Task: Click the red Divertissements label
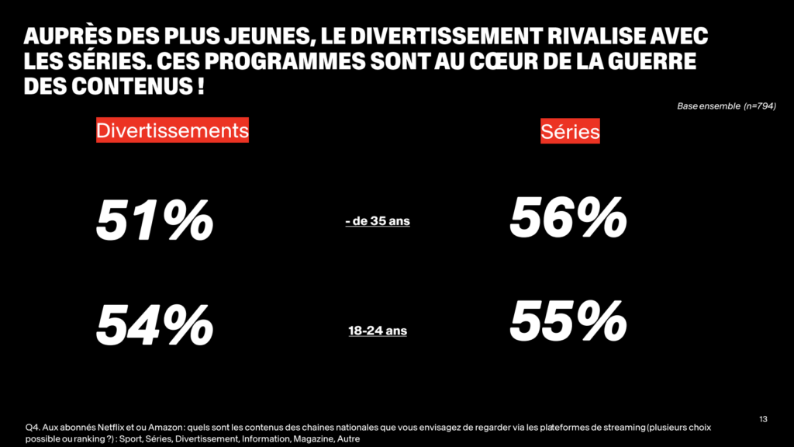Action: (x=172, y=130)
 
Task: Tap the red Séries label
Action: (x=570, y=132)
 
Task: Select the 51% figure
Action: (x=154, y=220)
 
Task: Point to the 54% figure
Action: (x=154, y=325)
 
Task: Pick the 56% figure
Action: (x=568, y=217)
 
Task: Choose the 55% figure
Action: (x=568, y=321)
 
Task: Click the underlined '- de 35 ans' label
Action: (x=377, y=221)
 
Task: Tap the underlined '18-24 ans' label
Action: (x=377, y=331)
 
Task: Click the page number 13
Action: (x=763, y=420)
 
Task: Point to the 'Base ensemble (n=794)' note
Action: (x=727, y=106)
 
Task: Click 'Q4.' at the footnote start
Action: (x=32, y=428)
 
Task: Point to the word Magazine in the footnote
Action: (x=311, y=439)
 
